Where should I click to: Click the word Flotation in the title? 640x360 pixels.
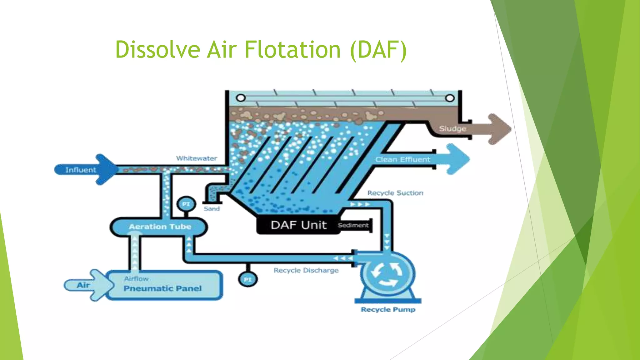coord(292,50)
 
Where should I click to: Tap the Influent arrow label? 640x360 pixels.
coord(81,170)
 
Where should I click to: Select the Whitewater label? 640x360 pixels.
coord(197,158)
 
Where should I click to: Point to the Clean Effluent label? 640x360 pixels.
coord(402,160)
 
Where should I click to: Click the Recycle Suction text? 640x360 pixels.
coord(395,193)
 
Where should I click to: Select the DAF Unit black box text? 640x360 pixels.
coord(298,225)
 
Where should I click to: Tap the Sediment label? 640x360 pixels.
coord(353,225)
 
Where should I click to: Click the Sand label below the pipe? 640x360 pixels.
coord(212,209)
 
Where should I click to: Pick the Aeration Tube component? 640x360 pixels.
coord(160,227)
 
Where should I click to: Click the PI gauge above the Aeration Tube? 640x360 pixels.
coord(186,204)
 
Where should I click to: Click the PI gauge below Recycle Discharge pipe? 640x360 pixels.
coord(247,279)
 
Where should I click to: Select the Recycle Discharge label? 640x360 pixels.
coord(306,271)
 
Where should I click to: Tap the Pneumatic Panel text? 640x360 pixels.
coord(162,288)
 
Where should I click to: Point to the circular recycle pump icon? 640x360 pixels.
coord(387,274)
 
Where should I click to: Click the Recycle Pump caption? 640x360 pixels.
coord(388,310)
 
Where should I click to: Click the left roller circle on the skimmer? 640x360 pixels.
coord(241,98)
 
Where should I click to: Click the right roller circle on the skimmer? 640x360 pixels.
coord(449,98)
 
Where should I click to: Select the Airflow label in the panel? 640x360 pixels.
coord(136,279)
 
